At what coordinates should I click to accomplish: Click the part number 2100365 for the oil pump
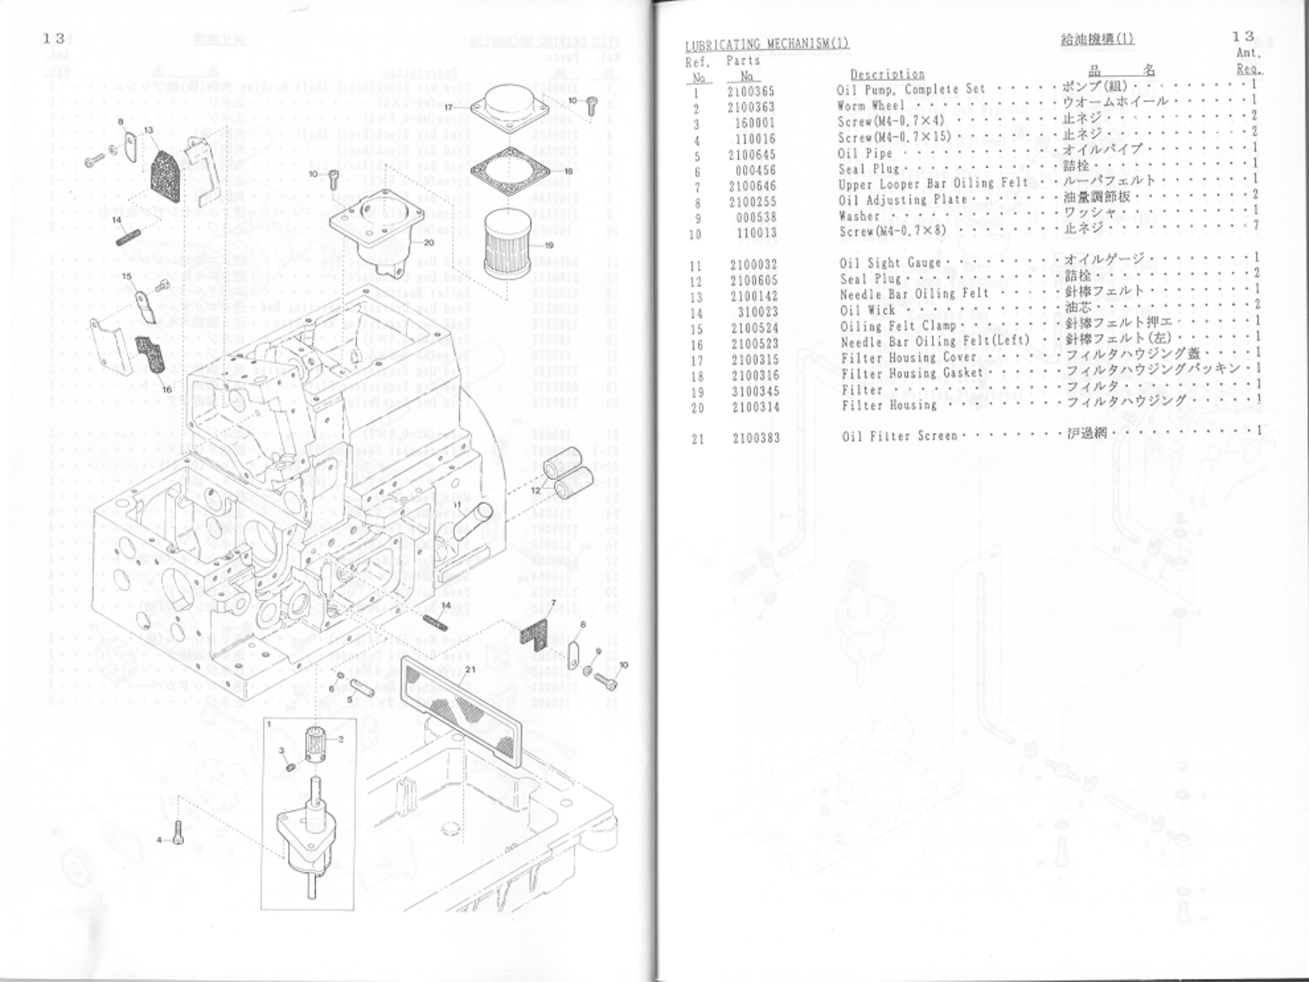pyautogui.click(x=751, y=91)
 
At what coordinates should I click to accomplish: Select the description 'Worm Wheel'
pyautogui.click(x=870, y=105)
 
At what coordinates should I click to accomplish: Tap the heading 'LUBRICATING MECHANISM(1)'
pyautogui.click(x=767, y=44)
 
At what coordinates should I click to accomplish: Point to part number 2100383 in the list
pyautogui.click(x=756, y=438)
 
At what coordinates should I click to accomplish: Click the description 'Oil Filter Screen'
pyautogui.click(x=899, y=436)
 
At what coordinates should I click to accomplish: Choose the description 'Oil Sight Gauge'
pyautogui.click(x=890, y=263)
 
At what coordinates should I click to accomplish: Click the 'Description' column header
pyautogui.click(x=887, y=74)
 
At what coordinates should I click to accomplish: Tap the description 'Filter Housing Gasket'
pyautogui.click(x=912, y=374)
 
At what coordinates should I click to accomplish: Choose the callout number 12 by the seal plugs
pyautogui.click(x=535, y=490)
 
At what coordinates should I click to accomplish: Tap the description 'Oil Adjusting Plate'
pyautogui.click(x=902, y=200)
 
